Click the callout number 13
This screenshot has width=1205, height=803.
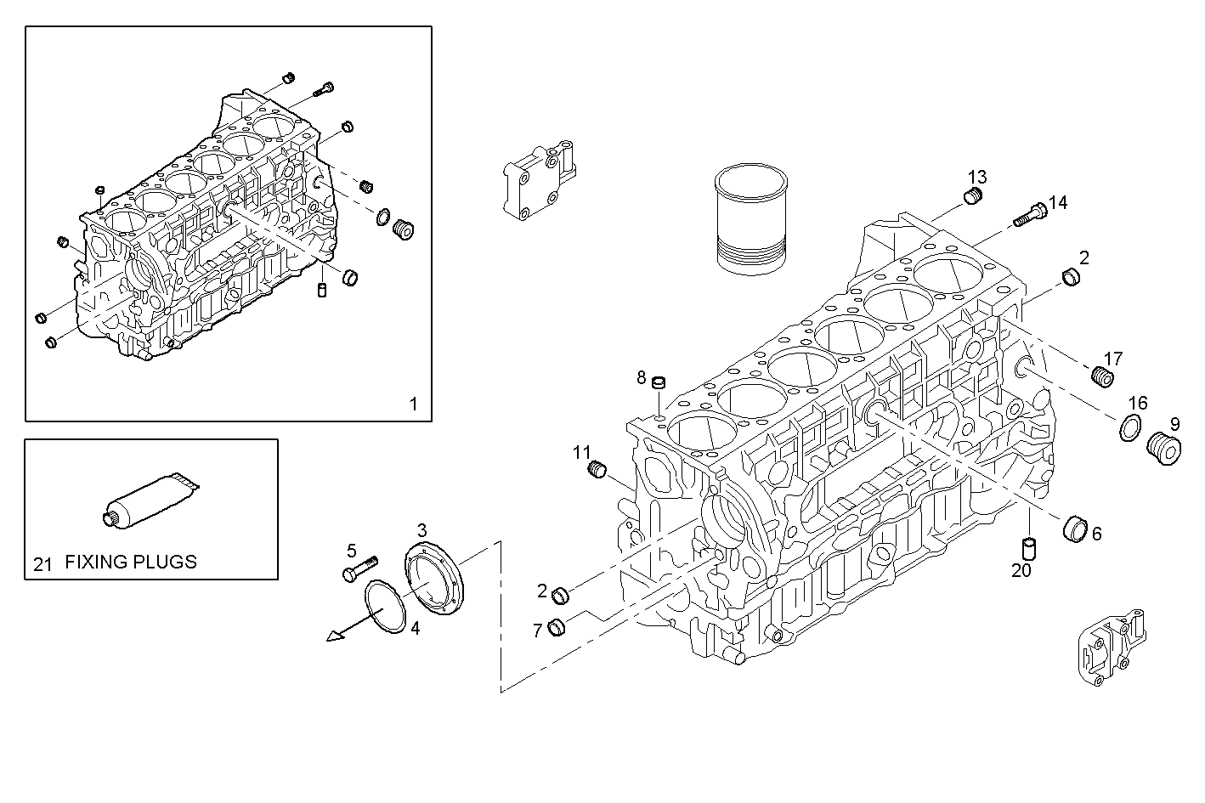tap(977, 177)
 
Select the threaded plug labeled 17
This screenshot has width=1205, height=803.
tap(1101, 376)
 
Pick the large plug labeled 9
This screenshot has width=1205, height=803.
tap(1163, 448)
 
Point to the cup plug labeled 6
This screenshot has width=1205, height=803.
tap(1076, 528)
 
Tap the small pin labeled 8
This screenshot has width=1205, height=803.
tap(658, 383)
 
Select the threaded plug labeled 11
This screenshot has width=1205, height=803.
tap(597, 468)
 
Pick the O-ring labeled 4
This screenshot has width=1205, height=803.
tap(388, 606)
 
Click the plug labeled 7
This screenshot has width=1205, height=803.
tap(557, 627)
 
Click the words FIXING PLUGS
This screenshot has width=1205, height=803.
tap(131, 562)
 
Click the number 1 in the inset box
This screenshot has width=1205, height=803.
tap(414, 404)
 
